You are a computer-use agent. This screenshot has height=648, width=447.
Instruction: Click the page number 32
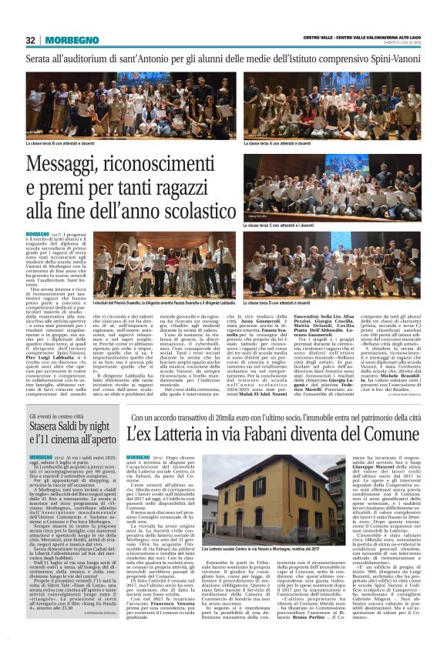click(x=31, y=40)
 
